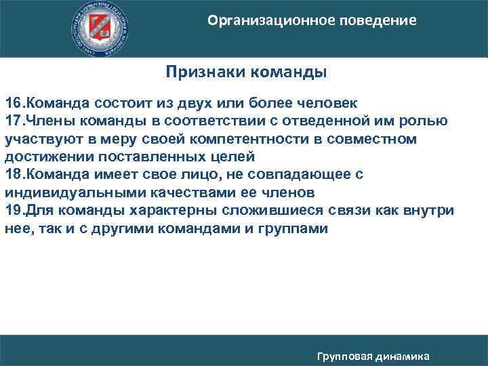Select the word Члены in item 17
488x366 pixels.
click(52, 121)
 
